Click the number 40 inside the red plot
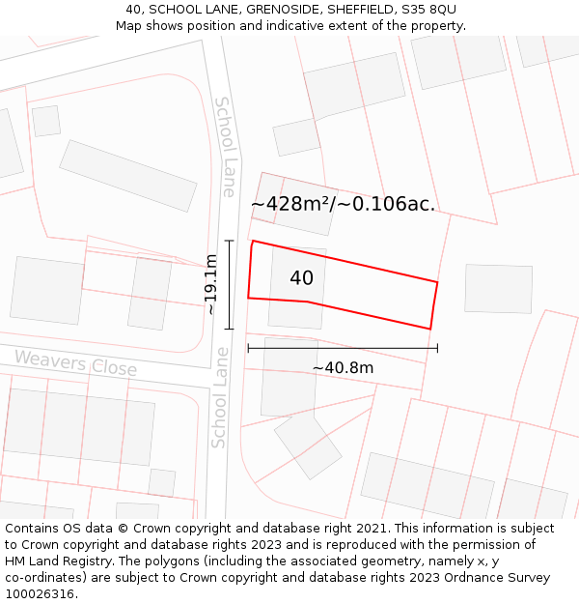pos(301,278)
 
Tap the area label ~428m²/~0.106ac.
pos(343,204)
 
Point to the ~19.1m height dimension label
pos(210,284)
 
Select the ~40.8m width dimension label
pos(343,368)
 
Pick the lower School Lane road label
pos(221,397)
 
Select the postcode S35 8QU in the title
pos(429,10)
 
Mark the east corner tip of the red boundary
pos(437,282)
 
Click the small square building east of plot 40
pos(498,288)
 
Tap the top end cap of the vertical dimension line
pos(230,240)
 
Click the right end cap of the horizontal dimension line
pos(437,348)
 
